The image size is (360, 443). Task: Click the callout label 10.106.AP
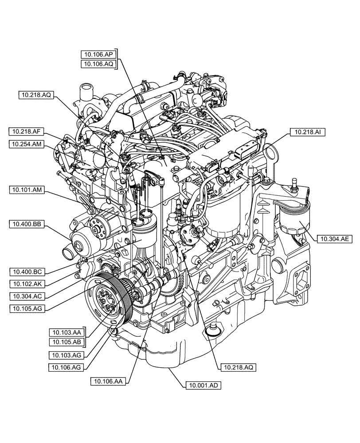click(x=98, y=54)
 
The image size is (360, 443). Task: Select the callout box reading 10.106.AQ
click(x=98, y=64)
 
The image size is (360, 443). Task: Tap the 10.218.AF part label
click(x=26, y=131)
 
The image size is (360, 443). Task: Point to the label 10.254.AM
click(x=26, y=144)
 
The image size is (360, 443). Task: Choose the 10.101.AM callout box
click(x=26, y=190)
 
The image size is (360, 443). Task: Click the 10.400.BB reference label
click(x=26, y=225)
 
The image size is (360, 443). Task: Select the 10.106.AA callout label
click(x=108, y=381)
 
